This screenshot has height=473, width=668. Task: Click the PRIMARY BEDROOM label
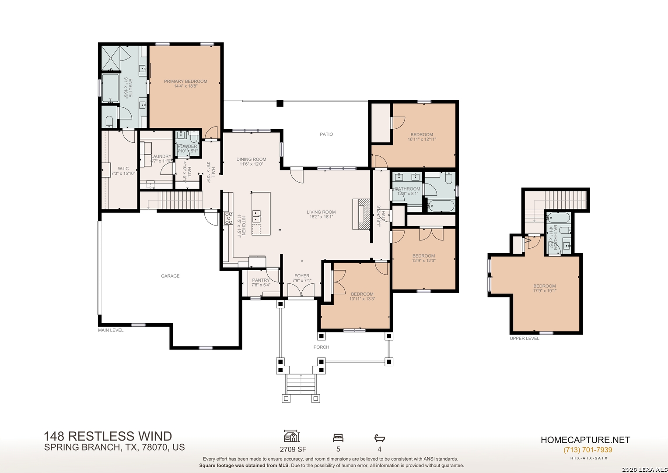tap(185, 81)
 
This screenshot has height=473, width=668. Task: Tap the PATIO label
tap(326, 134)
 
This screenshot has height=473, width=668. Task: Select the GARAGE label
tap(170, 276)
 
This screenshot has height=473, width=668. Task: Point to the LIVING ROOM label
tap(321, 212)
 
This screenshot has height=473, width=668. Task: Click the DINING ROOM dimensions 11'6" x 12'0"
tap(251, 164)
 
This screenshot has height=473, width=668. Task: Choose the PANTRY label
tap(261, 280)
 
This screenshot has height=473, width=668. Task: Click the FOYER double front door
tap(301, 290)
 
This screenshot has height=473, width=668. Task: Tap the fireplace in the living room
tap(361, 214)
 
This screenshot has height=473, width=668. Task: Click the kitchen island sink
tap(257, 214)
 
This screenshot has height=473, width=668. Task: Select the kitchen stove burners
tap(228, 218)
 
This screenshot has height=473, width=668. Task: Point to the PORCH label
tap(321, 347)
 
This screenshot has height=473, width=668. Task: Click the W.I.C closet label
tap(123, 169)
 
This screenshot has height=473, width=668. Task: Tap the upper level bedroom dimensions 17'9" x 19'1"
tap(545, 290)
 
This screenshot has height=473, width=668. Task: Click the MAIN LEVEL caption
tap(111, 330)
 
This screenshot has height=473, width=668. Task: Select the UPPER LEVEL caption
tap(525, 338)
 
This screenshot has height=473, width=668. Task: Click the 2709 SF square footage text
tap(293, 449)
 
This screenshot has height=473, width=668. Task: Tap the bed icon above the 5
tap(338, 438)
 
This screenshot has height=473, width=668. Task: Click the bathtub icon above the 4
tap(379, 438)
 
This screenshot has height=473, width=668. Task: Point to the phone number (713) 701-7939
tap(588, 450)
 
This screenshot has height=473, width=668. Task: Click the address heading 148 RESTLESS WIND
tap(108, 436)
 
